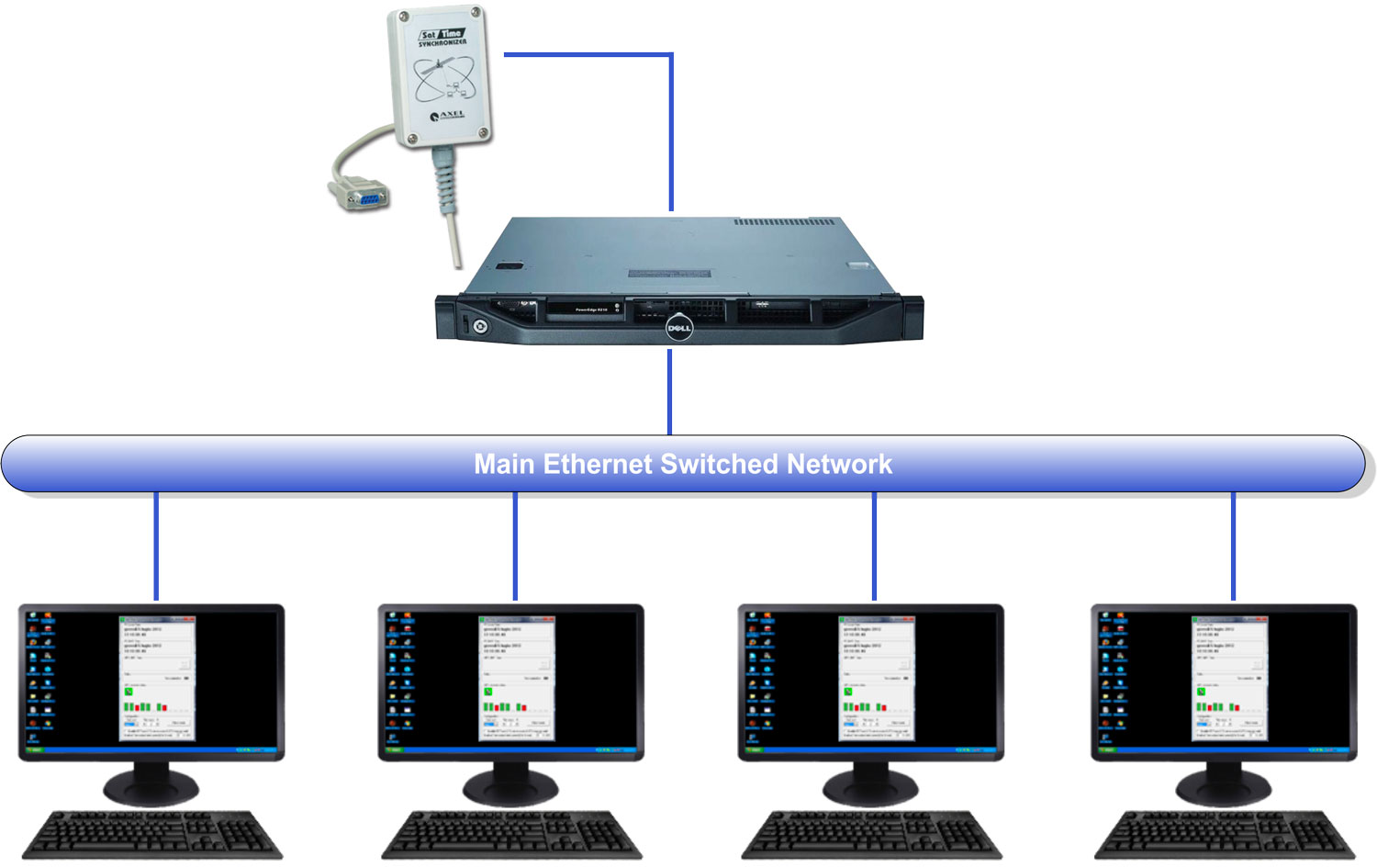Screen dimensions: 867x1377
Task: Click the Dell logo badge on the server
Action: [678, 328]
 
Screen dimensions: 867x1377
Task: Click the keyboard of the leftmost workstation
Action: [152, 835]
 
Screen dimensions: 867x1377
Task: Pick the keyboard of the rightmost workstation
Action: [1225, 835]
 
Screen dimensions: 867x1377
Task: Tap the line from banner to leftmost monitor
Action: [156, 546]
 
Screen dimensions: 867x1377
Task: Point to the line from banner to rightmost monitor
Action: [1233, 546]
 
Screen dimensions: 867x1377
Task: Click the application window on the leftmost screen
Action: [157, 678]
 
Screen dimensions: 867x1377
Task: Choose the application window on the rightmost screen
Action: [1229, 678]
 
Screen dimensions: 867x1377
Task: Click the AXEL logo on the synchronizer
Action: [448, 116]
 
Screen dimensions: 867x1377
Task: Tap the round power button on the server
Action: [479, 326]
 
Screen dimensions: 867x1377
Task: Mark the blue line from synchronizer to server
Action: [671, 129]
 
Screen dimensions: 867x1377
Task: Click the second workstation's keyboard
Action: [512, 835]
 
